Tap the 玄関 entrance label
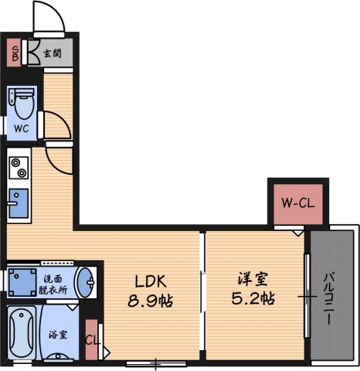53,53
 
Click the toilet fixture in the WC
22,100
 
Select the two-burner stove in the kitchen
18,167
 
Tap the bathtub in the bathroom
22,334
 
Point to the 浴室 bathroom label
58,335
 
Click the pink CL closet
92,340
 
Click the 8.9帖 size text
151,298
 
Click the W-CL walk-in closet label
297,203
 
